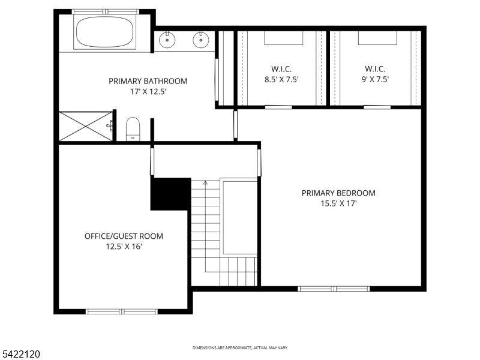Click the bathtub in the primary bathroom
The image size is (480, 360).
click(104, 32)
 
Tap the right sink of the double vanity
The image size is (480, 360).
click(200, 40)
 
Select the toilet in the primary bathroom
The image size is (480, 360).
click(133, 130)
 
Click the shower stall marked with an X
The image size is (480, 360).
click(86, 125)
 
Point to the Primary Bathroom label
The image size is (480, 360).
click(148, 81)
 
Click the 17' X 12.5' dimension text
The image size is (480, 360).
click(148, 92)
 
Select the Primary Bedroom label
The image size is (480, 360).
click(338, 193)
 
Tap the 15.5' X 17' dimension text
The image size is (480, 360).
click(338, 203)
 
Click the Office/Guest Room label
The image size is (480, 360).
click(124, 236)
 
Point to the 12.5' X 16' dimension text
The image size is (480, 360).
click(124, 246)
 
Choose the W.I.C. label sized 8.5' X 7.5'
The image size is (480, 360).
click(282, 68)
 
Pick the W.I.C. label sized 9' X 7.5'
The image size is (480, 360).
click(374, 68)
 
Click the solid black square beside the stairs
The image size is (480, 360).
click(170, 194)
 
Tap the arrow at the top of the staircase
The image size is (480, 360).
click(205, 182)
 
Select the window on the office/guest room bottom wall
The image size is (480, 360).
click(122, 311)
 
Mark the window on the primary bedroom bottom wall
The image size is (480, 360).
click(334, 289)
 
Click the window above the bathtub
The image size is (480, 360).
click(106, 11)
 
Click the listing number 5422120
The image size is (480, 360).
click(21, 355)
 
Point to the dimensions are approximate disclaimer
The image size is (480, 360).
click(239, 348)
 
